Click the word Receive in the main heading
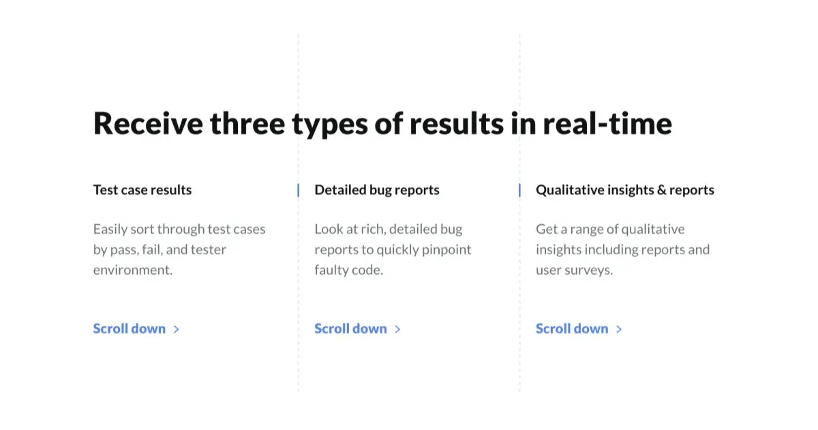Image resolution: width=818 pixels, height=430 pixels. coord(148,123)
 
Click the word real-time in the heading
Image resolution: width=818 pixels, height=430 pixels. coord(607,123)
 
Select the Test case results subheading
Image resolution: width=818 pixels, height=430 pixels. coord(142,190)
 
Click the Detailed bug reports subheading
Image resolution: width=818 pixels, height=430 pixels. coord(377,190)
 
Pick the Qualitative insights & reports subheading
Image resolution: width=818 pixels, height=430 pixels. coord(624,190)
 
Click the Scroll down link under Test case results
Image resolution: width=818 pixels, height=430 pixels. coord(130,328)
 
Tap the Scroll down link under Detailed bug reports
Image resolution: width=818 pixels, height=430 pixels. coord(350,328)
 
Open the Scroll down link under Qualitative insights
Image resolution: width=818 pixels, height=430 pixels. coord(572,328)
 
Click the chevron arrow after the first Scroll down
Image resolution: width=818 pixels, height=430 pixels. coord(177,329)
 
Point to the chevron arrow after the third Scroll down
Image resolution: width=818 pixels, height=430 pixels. coord(619,329)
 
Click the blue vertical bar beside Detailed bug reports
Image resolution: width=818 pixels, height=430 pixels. coord(299,190)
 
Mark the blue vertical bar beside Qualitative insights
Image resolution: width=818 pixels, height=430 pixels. coord(519,190)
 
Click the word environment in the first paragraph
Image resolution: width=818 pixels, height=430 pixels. coord(132,270)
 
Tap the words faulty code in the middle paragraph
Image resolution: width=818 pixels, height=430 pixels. coord(348,270)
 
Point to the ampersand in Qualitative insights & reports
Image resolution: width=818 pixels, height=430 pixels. coord(661,190)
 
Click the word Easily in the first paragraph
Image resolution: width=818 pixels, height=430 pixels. coord(110,230)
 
